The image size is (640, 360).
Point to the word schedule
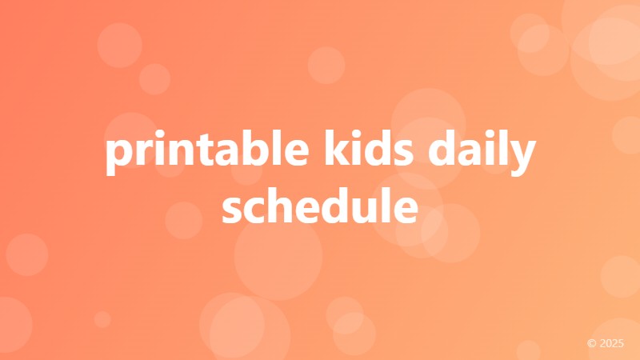pos(320,206)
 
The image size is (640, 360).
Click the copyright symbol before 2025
pos(592,343)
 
